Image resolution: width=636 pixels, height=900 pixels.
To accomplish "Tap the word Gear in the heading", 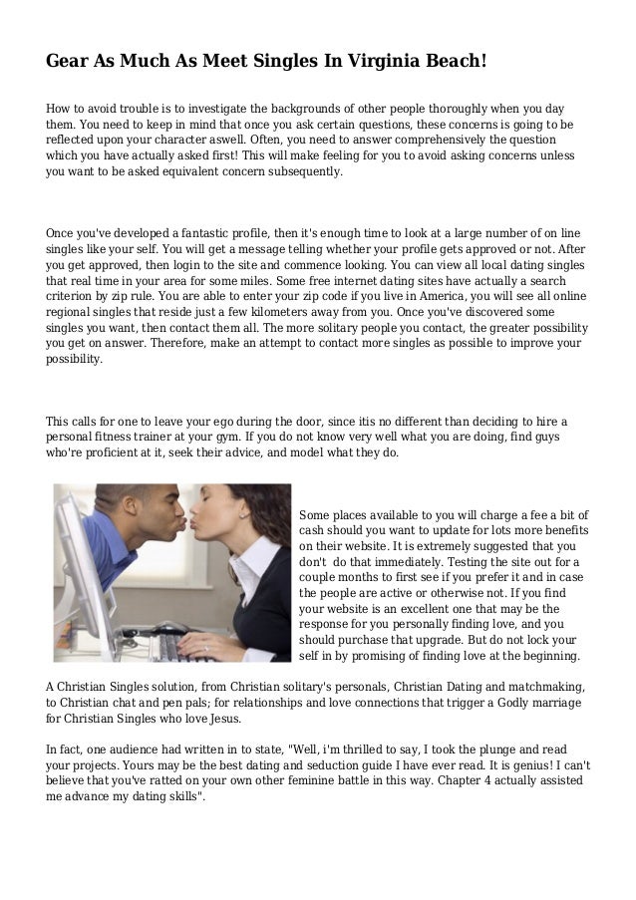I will pyautogui.click(x=69, y=62).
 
